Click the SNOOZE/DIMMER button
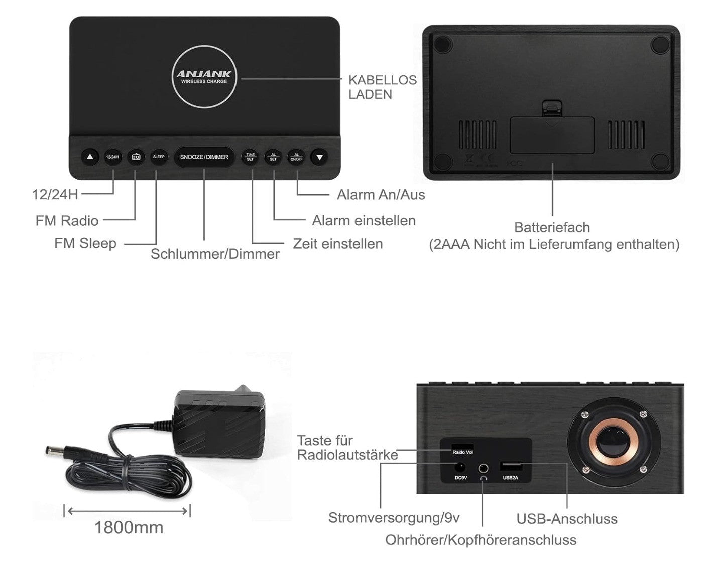pos(204,157)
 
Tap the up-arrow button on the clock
pos(90,157)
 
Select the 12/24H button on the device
pos(113,157)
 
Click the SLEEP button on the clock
pos(158,157)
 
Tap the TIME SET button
pos(250,157)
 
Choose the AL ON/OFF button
pos(296,157)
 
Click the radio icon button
pos(136,157)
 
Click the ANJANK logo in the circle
pos(204,75)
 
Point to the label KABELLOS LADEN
pos(382,87)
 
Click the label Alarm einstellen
pos(364,220)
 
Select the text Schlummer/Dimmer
pos(215,254)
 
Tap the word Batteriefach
pos(552,227)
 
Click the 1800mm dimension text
pos(129,527)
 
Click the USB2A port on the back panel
pos(510,466)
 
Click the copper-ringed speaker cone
pos(614,442)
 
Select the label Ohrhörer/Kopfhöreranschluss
pos(481,540)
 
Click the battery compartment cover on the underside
pos(552,135)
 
